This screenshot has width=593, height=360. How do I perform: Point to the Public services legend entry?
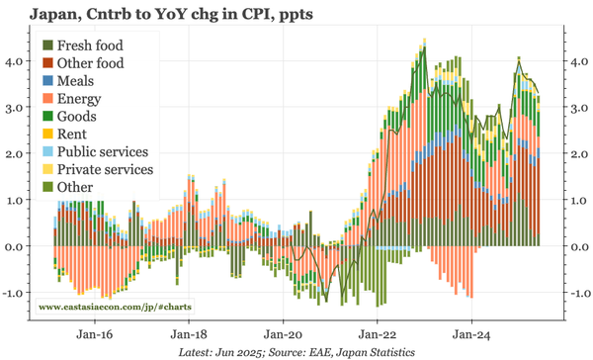pos(103,152)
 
